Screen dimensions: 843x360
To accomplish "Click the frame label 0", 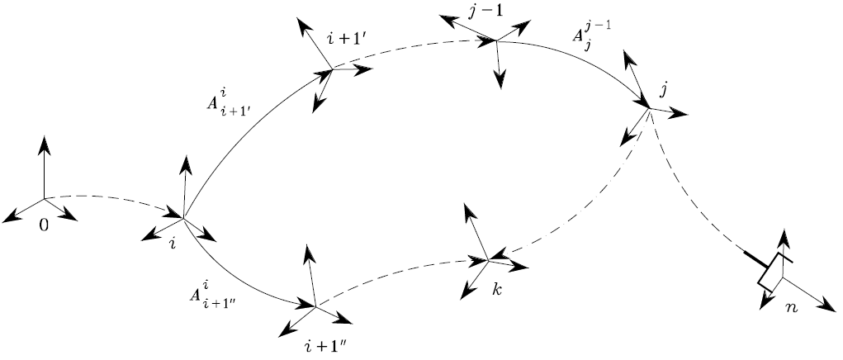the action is pyautogui.click(x=44, y=224).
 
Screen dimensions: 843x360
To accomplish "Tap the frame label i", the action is pyautogui.click(x=173, y=243).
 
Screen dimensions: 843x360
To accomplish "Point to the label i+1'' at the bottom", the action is pyautogui.click(x=329, y=341).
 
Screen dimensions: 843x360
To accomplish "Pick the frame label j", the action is pyautogui.click(x=663, y=88).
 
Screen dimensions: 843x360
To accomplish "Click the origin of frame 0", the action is pyautogui.click(x=44, y=198).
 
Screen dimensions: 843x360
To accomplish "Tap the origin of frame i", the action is pyautogui.click(x=182, y=217).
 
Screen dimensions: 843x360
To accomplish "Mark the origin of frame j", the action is pyautogui.click(x=649, y=108).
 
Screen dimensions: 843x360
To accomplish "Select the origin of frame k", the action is pyautogui.click(x=489, y=260).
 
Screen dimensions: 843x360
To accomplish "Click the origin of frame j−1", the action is pyautogui.click(x=495, y=40).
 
